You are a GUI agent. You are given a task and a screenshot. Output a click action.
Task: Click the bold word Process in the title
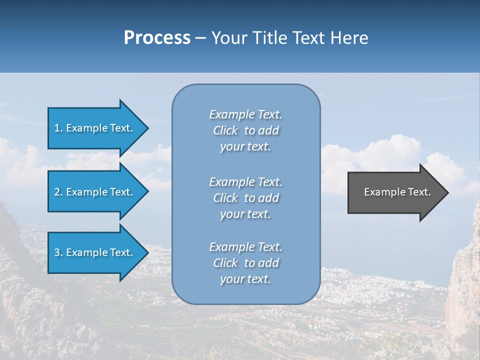[157, 38]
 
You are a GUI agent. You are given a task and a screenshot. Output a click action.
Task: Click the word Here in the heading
[350, 38]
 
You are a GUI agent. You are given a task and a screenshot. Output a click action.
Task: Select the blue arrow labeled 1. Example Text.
[95, 128]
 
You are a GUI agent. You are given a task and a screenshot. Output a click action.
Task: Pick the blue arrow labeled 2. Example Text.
[95, 192]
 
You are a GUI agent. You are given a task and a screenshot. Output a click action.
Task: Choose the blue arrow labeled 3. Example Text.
[95, 252]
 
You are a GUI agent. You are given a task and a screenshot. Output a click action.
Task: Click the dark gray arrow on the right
[395, 192]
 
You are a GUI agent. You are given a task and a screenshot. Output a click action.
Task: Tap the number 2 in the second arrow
[57, 192]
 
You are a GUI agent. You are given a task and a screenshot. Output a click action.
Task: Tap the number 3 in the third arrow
[57, 252]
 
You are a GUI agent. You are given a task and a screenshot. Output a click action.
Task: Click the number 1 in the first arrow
[56, 128]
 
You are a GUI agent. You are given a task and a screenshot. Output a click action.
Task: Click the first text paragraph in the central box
[245, 130]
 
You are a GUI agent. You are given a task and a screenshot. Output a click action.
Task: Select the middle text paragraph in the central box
[245, 198]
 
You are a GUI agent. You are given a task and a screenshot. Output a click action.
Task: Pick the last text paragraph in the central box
[245, 263]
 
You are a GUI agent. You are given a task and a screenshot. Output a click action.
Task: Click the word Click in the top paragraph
[225, 130]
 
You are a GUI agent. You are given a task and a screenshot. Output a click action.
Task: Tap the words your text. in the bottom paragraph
[245, 279]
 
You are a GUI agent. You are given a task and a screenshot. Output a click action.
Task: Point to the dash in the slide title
[200, 38]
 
